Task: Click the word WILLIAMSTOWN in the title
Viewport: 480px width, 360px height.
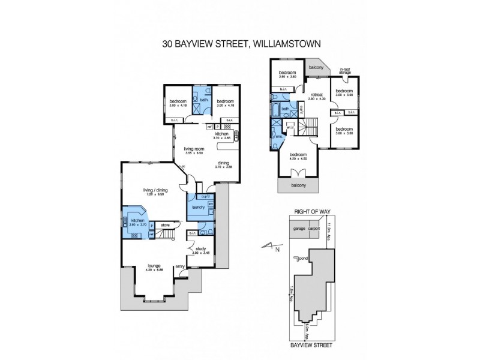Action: point(285,43)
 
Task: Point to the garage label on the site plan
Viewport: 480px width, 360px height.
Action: point(300,229)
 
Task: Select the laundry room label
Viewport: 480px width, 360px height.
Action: point(199,208)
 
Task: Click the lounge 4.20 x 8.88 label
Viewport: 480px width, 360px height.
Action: point(154,267)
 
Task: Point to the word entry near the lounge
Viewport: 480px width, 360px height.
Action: point(179,267)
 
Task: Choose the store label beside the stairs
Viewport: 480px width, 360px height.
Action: point(165,226)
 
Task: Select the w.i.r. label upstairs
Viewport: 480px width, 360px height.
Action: point(290,126)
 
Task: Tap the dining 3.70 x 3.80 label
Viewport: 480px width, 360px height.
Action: point(223,164)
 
